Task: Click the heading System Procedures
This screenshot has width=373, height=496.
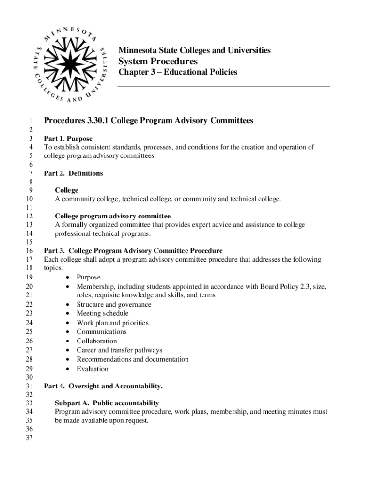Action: pos(158,62)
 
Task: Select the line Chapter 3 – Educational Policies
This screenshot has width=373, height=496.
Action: pos(178,72)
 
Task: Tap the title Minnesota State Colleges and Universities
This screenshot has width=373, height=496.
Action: pos(194,50)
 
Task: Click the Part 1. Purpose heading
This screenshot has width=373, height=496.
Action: pos(68,139)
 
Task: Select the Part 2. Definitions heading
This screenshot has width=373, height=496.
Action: pos(73,173)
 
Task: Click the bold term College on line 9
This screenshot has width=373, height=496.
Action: pos(66,190)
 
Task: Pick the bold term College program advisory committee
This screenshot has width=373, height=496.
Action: pos(112,216)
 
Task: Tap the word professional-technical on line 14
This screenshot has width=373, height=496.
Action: pos(85,233)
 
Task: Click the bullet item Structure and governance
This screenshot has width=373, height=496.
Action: pos(114,305)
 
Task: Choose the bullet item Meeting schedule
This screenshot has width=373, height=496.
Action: pos(102,313)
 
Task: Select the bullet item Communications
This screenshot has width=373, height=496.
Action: pos(102,332)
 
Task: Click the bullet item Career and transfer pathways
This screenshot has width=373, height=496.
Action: pos(119,350)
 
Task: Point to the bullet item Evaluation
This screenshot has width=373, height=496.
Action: pos(93,369)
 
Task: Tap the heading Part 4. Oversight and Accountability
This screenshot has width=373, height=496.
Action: pos(103,386)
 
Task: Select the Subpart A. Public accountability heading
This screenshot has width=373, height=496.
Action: pos(107,403)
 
